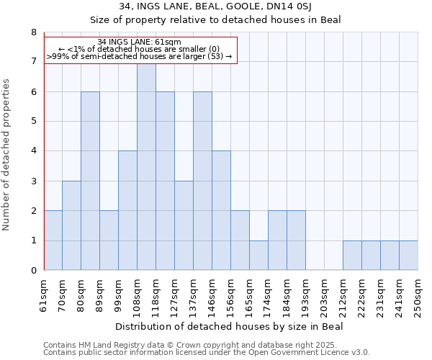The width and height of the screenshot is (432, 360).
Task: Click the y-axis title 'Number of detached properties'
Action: click(7, 154)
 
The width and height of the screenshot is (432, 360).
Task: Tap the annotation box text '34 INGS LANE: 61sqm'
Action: click(140, 42)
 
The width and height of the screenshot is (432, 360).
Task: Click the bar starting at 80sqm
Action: click(90, 181)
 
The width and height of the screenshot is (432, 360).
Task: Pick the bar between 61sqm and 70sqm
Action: click(53, 240)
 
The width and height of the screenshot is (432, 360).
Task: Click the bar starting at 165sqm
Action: click(258, 256)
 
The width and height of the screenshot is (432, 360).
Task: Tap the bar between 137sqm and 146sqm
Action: click(202, 181)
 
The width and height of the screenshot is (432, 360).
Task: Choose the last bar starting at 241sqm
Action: click(408, 256)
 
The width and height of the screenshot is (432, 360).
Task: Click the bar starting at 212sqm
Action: click(352, 256)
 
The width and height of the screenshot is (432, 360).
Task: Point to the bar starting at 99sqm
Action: click(127, 210)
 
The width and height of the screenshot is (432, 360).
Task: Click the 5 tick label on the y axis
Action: click(33, 122)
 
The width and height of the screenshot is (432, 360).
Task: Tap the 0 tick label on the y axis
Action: click(33, 271)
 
